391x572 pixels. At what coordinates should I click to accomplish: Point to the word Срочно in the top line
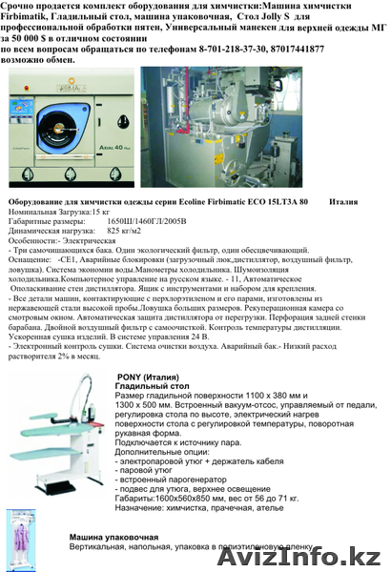pos(22,7)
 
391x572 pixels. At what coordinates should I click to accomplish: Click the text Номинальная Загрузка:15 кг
pos(61,212)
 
